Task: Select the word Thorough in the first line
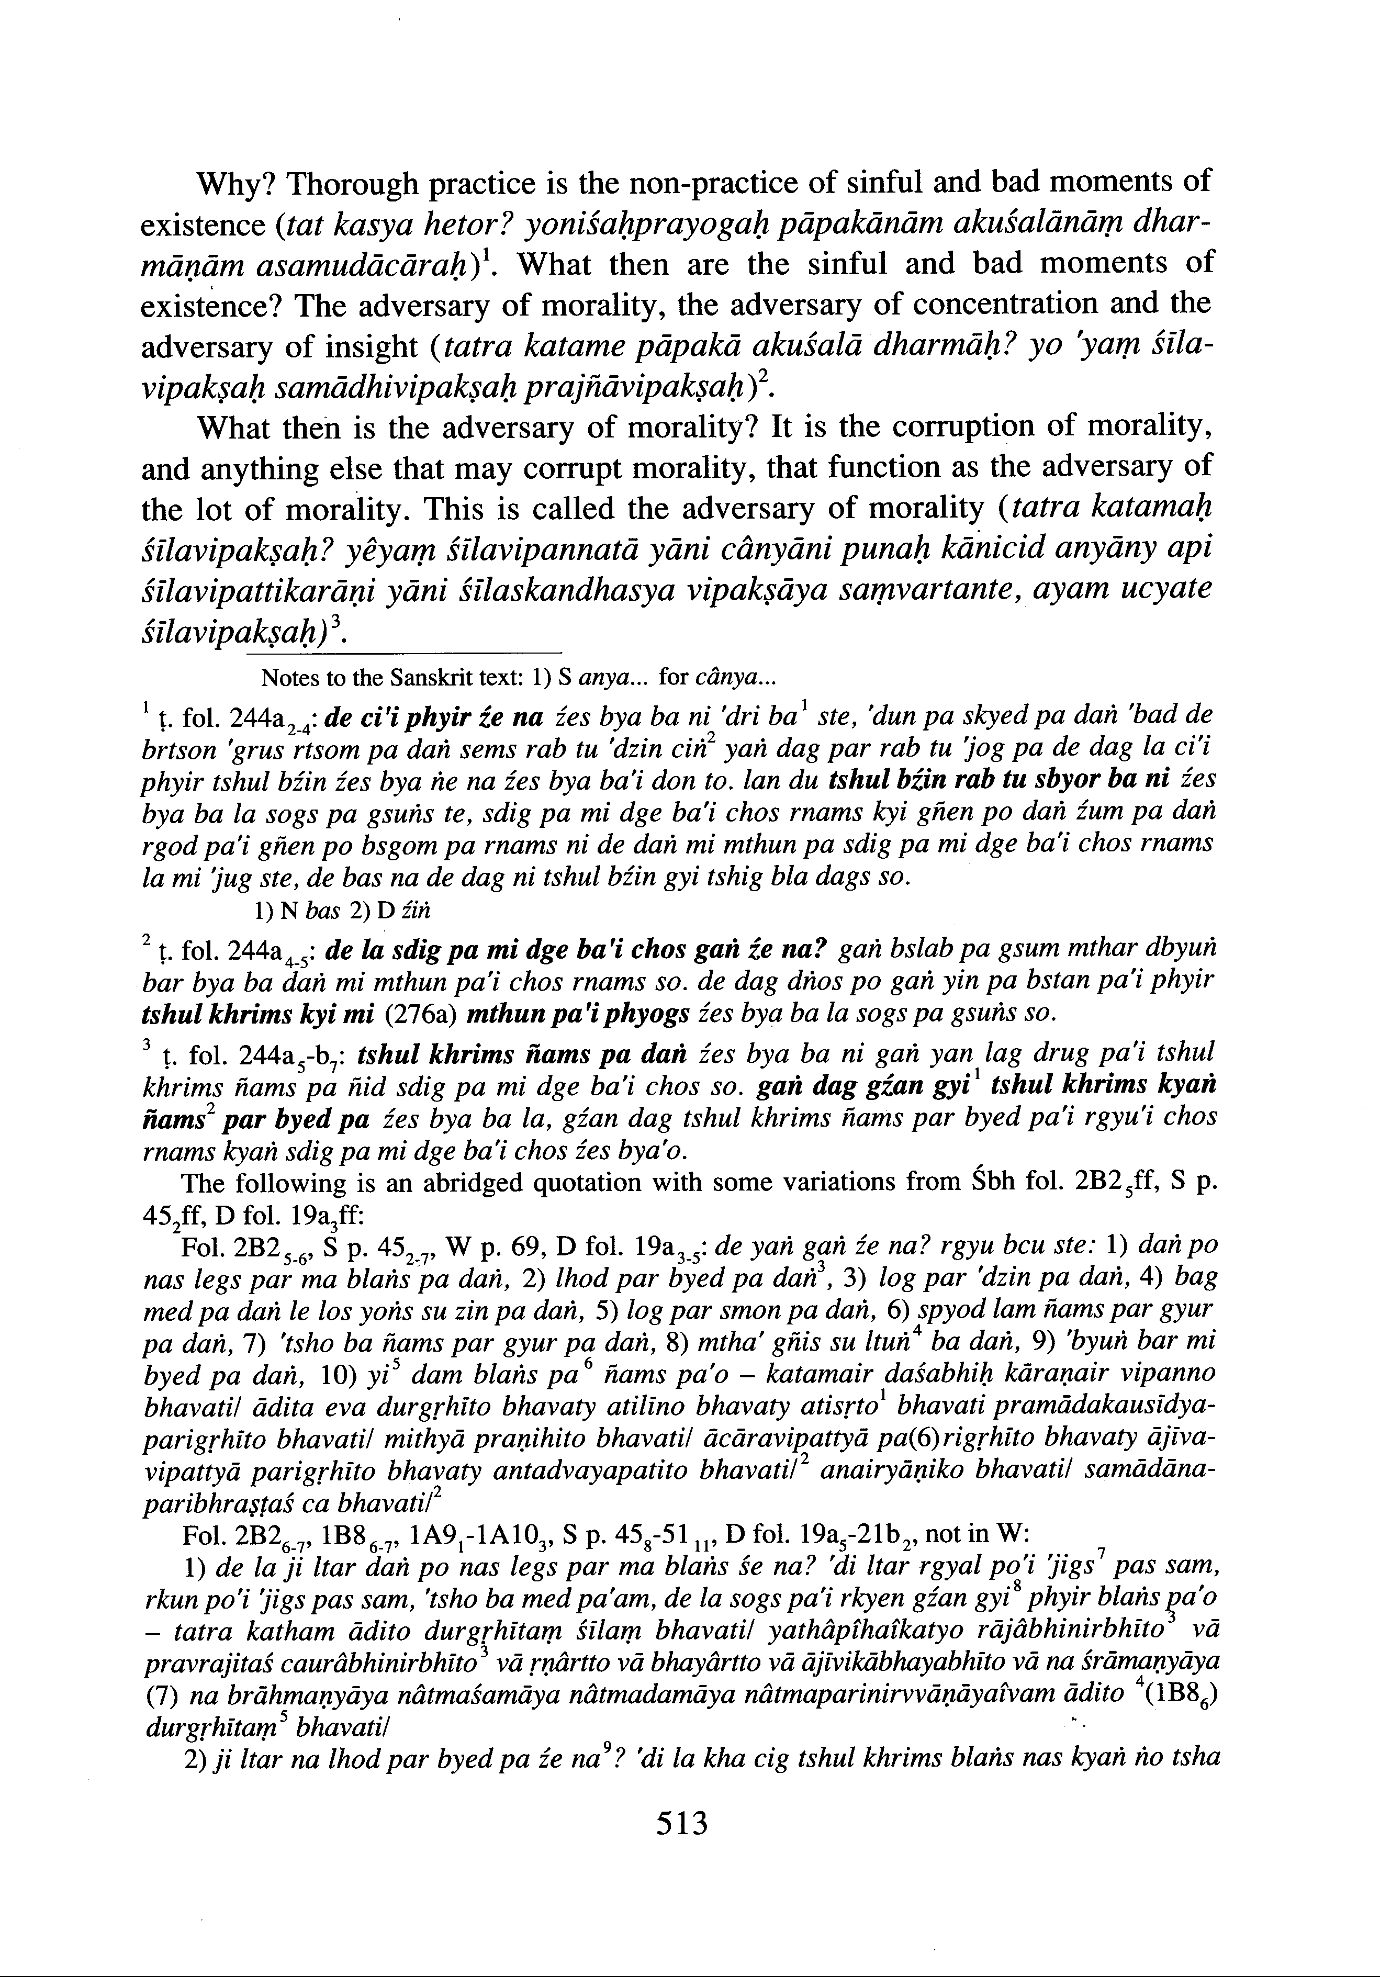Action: (x=352, y=183)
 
